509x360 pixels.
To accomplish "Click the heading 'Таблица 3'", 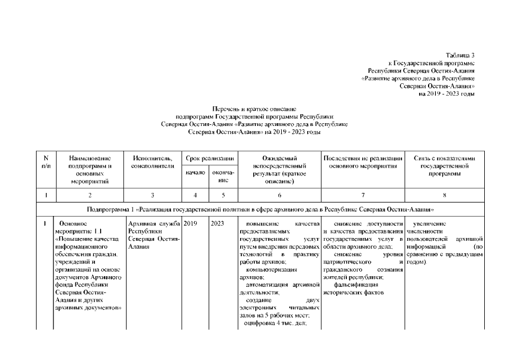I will pos(460,55).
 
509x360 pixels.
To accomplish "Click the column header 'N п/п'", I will pos(45,162).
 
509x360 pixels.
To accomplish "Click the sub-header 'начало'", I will pos(195,173).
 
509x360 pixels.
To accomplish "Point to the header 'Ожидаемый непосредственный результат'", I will pos(279,169).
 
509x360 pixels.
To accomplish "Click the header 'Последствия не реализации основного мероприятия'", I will pos(363,162).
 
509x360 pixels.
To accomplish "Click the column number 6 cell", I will pos(279,195).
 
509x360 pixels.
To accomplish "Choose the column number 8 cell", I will pos(444,195).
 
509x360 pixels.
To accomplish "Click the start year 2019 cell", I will pos(190,224).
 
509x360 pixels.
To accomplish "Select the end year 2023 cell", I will pos(218,224).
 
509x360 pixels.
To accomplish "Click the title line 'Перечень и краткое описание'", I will pos(254,108).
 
